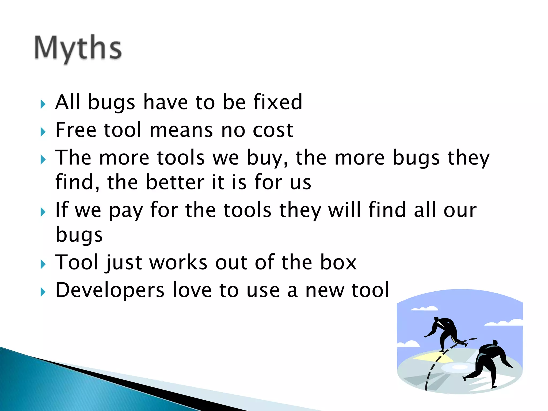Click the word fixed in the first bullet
point(278,102)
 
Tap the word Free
point(75,130)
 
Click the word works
point(178,262)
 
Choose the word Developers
point(110,291)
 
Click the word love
point(192,290)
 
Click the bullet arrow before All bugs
point(43,104)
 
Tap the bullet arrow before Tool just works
point(43,264)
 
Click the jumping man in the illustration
point(446,332)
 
